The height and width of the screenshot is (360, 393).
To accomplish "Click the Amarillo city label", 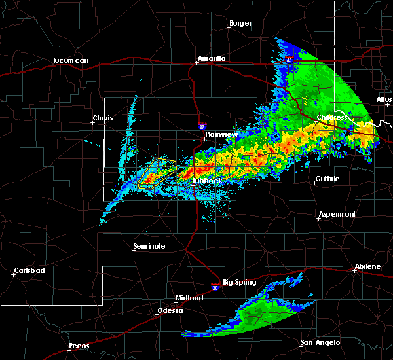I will [x=212, y=58].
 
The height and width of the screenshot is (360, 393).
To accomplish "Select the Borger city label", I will [x=240, y=24].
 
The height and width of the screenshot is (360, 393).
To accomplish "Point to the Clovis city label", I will [x=103, y=118].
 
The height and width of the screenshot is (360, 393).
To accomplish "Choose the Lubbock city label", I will [x=208, y=180].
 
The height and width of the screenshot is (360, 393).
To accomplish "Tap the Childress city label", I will [x=332, y=118].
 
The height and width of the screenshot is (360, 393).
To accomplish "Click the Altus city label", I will [x=384, y=99].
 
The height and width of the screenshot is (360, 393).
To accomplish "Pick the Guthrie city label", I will [x=328, y=179].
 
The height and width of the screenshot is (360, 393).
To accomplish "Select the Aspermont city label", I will [x=337, y=214].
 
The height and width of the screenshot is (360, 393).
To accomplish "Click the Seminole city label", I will [x=149, y=246].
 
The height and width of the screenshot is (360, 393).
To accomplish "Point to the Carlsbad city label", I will [x=29, y=270].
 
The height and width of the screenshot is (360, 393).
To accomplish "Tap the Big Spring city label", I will [x=238, y=283].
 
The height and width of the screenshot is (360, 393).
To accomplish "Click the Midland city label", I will [x=190, y=297].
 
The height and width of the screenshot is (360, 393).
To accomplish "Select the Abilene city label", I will [x=367, y=266].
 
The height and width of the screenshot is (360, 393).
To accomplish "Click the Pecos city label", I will [x=79, y=346].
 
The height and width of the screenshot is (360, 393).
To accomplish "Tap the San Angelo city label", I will [x=320, y=342].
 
